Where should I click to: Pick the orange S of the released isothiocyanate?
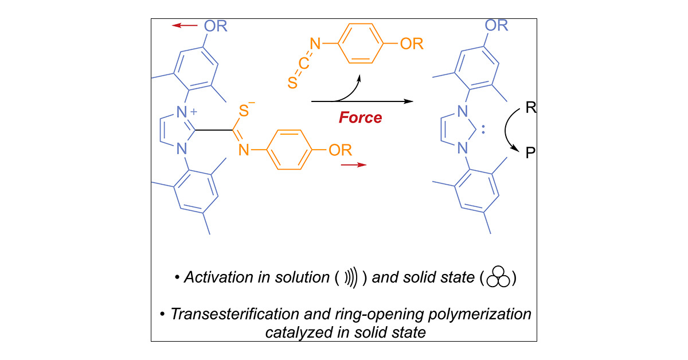click(x=291, y=84)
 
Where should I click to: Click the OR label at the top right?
click(x=496, y=25)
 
